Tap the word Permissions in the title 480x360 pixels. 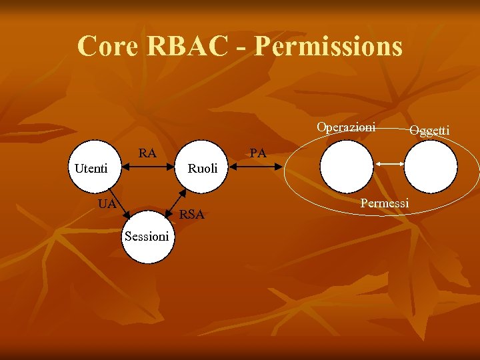pos(329,47)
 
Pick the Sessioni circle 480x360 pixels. pos(147,237)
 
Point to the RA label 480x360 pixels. pos(147,153)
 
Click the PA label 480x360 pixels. pos(258,153)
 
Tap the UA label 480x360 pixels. pos(107,203)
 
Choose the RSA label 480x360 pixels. pos(192,214)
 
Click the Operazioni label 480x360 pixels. pos(346,127)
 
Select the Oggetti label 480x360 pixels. pos(429,130)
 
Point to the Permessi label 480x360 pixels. pos(384,203)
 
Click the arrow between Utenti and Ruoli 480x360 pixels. pos(148,168)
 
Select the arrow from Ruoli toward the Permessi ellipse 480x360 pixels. pos(257,168)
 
